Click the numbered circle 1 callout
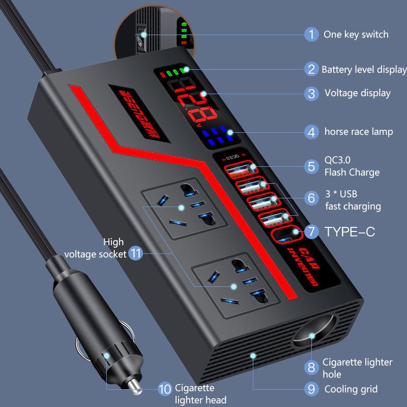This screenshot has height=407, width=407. coord(311,35)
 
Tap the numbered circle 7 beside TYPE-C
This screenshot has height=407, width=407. coord(311,232)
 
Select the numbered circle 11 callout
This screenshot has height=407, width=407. coord(135,253)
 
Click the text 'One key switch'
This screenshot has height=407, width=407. coord(356,35)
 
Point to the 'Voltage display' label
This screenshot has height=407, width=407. coord(357,93)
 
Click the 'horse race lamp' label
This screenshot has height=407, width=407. coord(359,132)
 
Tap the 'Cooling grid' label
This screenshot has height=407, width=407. coord(351,390)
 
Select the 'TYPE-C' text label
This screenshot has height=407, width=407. coord(350,232)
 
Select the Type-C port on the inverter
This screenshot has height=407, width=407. coord(284,236)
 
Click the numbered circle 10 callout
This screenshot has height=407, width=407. coord(164,390)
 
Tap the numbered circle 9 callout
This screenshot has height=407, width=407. coord(311,390)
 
